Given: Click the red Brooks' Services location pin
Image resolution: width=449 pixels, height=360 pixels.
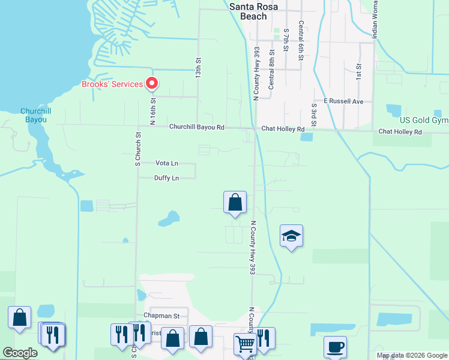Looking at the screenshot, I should pos(152,83).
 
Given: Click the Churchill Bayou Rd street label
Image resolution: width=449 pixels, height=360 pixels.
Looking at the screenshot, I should pos(196,127).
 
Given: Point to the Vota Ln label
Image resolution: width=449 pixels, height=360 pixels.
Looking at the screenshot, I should pos(166,163).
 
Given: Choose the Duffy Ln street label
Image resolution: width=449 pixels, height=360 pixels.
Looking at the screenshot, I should pos(166,178).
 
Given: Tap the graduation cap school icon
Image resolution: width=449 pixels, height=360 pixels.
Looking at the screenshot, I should pos(291,236).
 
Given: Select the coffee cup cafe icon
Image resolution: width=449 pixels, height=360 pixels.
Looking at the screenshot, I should pos(335,347).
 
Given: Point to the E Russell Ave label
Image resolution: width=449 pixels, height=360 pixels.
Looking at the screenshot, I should pos(343,101).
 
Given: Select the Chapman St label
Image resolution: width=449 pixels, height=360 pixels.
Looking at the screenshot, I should pos(161,316).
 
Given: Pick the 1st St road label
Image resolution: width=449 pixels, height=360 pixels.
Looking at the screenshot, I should pos(358,72).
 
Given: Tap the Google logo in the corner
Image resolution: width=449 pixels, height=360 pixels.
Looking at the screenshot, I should pos(20,353).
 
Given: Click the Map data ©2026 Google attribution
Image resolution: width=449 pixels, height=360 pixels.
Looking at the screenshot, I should pos(411,355).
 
